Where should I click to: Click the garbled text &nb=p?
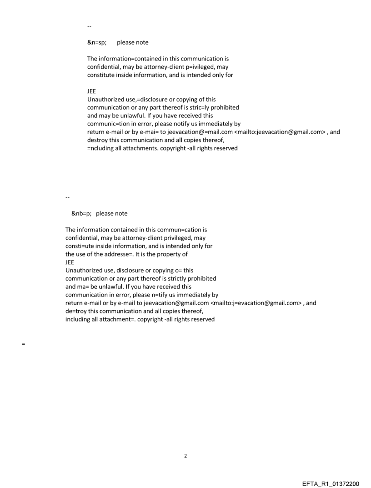click(x=80, y=213)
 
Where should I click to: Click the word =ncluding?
click(x=100, y=148)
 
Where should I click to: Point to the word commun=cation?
click(x=171, y=230)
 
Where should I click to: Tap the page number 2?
click(x=185, y=456)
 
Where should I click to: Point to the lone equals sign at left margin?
click(x=23, y=344)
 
